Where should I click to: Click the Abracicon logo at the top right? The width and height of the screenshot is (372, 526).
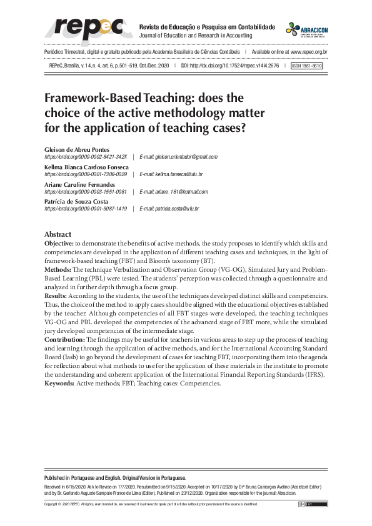coord(306,30)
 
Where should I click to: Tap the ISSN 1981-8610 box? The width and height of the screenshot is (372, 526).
coord(307,65)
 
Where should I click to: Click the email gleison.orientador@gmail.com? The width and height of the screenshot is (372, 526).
coord(178,157)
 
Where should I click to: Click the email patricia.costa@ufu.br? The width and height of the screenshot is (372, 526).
coord(169,209)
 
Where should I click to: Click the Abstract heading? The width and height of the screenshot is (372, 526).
coord(58,234)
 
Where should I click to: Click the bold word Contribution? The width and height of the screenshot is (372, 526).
coord(64,338)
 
